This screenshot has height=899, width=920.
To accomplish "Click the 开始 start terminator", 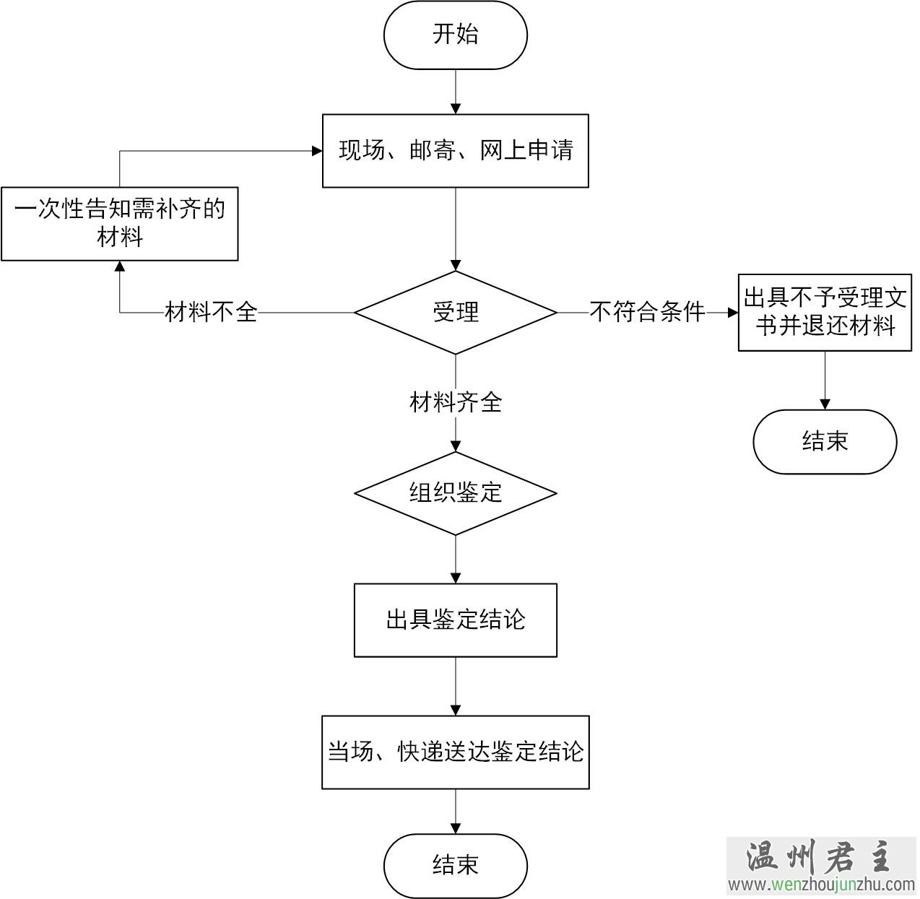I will coord(455,35).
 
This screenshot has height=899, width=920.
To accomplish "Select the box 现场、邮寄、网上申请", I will coord(455,150).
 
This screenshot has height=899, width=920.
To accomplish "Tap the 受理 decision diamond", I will coord(455,313).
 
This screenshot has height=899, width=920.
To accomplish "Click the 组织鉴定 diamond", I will coord(455,493).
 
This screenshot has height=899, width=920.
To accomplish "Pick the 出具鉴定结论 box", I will coord(455,620).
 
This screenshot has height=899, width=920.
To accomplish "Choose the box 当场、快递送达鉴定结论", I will coord(455,752).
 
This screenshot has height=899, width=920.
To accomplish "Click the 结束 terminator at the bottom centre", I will coord(455,865).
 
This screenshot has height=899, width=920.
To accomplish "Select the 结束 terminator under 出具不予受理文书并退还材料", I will coord(825,441).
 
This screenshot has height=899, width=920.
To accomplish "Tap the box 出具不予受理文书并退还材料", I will coord(825,312).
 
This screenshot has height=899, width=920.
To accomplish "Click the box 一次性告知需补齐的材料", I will coord(120,223).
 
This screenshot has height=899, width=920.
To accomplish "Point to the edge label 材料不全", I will coord(211,313).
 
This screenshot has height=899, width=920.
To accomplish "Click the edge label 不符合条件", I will coord(647,313).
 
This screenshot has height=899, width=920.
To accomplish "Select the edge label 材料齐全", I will coord(455,402).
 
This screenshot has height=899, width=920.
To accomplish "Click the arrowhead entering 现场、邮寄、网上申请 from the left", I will coord(316,151).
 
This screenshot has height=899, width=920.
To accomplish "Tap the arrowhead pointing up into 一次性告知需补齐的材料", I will coord(120,266).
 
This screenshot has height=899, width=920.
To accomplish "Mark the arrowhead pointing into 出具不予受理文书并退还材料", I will coord(732,313).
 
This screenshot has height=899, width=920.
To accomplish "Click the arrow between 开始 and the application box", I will coord(455,91).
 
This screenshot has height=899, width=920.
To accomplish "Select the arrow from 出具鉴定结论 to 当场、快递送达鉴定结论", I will coord(455,686).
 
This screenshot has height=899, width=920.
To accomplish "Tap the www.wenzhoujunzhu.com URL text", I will coord(820,885).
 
